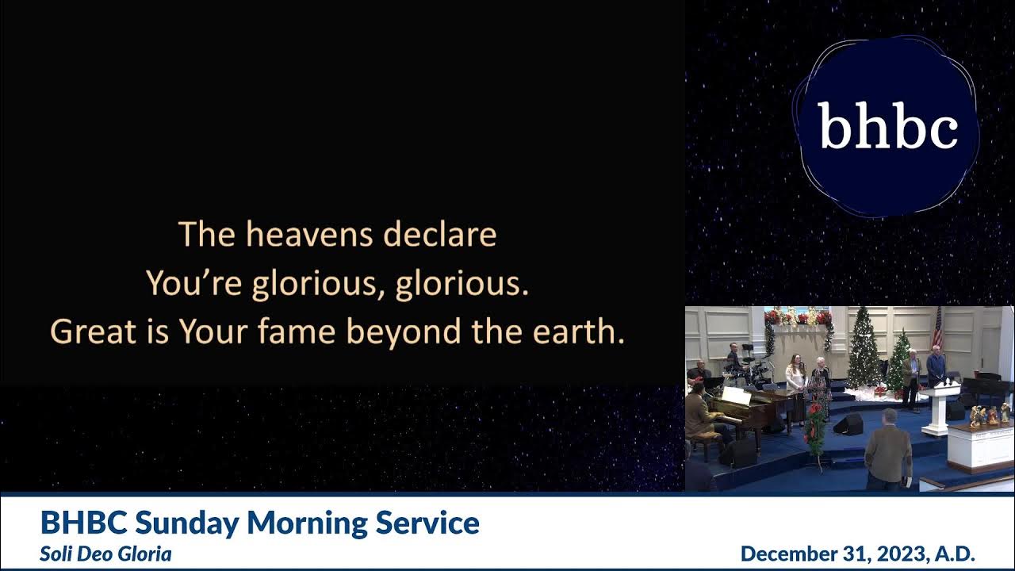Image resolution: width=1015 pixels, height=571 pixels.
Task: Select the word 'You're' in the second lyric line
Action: tap(193, 284)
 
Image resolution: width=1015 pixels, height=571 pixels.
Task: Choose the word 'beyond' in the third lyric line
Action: tap(404, 332)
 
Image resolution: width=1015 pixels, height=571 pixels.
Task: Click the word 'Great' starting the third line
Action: tap(84, 332)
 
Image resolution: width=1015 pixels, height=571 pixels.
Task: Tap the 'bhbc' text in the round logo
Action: tap(887, 127)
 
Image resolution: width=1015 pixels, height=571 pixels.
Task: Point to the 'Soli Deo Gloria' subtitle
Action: tap(105, 554)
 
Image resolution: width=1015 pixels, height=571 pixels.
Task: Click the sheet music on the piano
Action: tap(736, 395)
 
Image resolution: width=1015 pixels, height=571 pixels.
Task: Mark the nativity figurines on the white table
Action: tap(988, 415)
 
